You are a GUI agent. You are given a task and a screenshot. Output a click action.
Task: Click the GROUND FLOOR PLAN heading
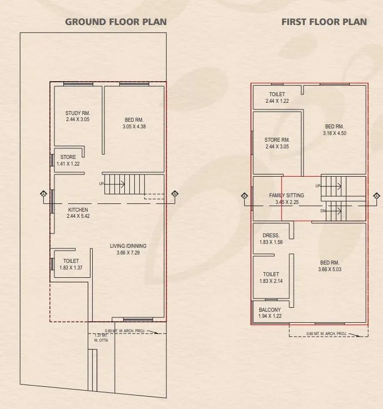tap(116, 22)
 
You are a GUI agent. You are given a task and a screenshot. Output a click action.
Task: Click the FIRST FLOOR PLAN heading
tap(324, 22)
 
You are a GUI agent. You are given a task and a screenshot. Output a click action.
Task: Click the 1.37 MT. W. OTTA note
tap(101, 338)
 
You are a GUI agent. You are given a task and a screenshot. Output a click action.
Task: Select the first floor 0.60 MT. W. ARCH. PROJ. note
tap(327, 334)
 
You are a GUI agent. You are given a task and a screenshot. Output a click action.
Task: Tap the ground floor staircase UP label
tap(102, 183)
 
